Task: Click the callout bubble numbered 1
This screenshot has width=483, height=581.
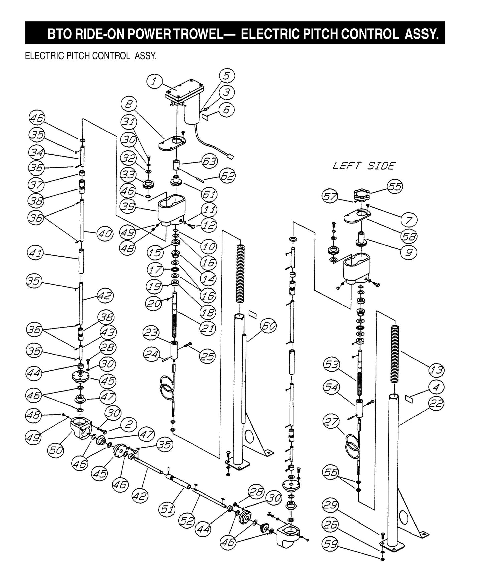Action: click(x=154, y=81)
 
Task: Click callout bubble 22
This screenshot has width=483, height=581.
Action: click(x=436, y=404)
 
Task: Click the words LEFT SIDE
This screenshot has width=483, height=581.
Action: click(x=364, y=166)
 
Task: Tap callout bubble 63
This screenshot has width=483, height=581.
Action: click(x=210, y=161)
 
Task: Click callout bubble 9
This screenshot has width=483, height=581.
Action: click(x=408, y=252)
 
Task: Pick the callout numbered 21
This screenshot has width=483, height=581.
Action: click(x=207, y=328)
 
